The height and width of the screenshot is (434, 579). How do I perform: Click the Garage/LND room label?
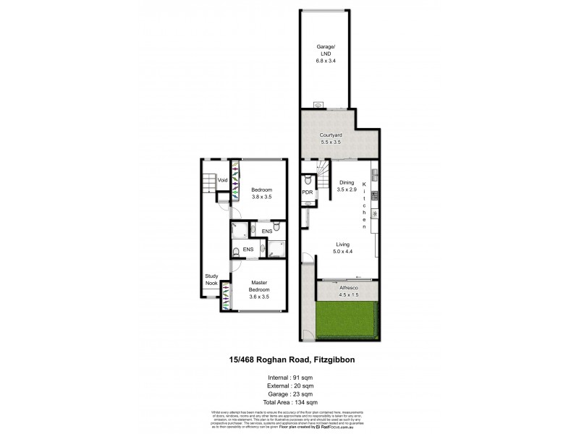pyautogui.click(x=325, y=50)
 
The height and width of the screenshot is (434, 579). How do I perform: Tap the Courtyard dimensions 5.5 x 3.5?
pyautogui.click(x=330, y=142)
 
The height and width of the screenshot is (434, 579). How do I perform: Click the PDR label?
pyautogui.click(x=307, y=192)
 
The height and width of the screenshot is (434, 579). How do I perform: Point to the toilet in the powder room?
pyautogui.click(x=308, y=177)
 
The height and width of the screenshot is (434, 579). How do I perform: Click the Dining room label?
pyautogui.click(x=347, y=182)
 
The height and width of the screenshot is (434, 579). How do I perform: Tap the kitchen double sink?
pyautogui.click(x=375, y=174)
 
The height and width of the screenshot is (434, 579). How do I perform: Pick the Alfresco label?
pyautogui.click(x=348, y=286)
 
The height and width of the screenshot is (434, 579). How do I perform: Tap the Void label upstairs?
pyautogui.click(x=223, y=180)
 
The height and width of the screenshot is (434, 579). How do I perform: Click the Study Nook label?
pyautogui.click(x=211, y=279)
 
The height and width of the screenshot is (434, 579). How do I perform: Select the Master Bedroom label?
pyautogui.click(x=260, y=286)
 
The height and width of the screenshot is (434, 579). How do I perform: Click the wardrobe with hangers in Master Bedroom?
pyautogui.click(x=227, y=295)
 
